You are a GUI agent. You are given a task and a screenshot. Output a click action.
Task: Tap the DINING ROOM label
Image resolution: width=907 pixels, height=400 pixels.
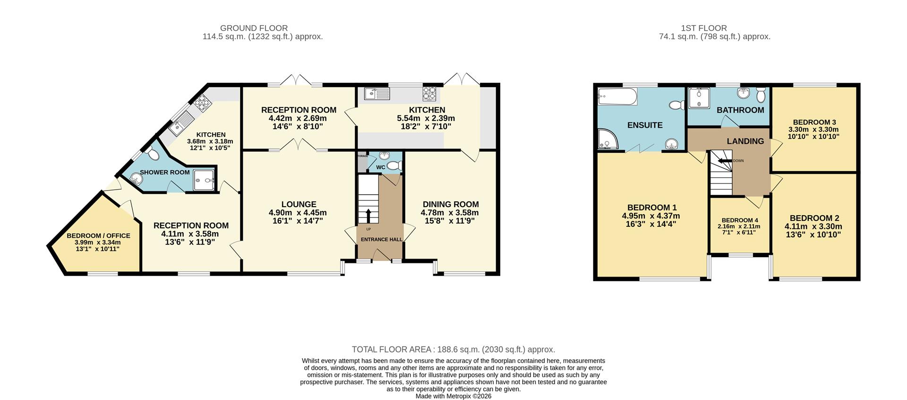click(x=450, y=204)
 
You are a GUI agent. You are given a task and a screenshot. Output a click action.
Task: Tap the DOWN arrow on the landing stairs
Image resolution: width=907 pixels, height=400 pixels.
click(x=723, y=161)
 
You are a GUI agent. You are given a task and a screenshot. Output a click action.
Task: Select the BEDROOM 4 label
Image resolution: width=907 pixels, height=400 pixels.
click(x=740, y=220)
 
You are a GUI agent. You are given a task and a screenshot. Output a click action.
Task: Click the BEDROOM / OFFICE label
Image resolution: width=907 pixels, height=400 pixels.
click(x=98, y=235)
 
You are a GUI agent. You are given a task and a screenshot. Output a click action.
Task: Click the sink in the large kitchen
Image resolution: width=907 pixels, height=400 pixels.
click(x=377, y=94)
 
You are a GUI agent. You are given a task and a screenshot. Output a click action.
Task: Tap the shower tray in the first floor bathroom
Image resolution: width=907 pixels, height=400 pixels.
click(x=699, y=98)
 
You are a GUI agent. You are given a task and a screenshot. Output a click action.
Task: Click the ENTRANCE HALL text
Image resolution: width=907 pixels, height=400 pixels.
click(x=382, y=240)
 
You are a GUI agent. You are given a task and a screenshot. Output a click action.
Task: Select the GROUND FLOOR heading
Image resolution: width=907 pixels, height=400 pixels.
click(x=254, y=28)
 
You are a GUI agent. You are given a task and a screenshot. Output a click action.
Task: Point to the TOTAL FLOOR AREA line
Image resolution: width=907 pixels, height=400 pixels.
click(x=453, y=349)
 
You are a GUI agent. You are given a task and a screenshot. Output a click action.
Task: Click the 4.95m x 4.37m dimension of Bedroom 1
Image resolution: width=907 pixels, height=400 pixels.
click(x=651, y=216)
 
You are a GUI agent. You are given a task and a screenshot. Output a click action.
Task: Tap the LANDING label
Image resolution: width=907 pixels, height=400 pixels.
click(x=745, y=141)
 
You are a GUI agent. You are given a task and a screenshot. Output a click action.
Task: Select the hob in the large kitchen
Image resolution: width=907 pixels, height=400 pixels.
click(x=430, y=93)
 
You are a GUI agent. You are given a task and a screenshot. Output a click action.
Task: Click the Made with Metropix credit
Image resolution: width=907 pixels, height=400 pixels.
click(x=453, y=396)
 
